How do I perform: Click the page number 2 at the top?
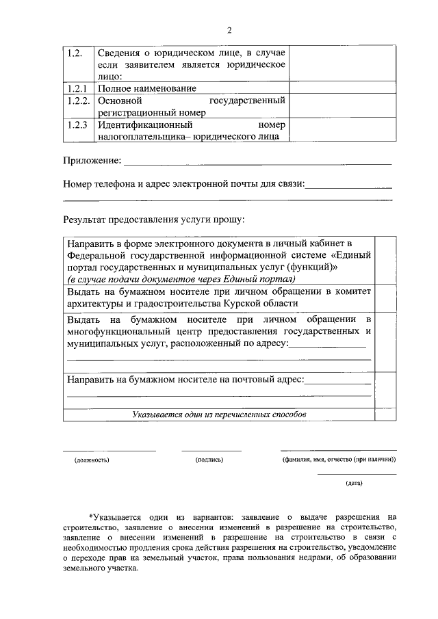coord(229,30)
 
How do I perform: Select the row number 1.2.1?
coord(78,88)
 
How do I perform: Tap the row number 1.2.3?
coord(78,125)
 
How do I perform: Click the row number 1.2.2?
coord(79,101)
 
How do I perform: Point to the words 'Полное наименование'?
coord(146,88)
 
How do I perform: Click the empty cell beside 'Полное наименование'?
coord(342,88)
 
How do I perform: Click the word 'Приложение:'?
coord(92,161)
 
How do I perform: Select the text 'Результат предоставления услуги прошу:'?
coord(154,220)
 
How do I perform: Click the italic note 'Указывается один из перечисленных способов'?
coord(219,414)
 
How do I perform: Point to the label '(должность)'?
coord(92,460)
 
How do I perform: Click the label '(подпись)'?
coord(209,460)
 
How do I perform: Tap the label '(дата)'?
coord(354,484)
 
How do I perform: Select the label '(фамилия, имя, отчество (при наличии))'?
coord(338,460)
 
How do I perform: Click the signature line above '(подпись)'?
coord(211,450)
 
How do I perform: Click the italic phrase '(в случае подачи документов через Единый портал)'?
coord(181,279)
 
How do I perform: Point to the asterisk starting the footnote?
coord(90,517)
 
